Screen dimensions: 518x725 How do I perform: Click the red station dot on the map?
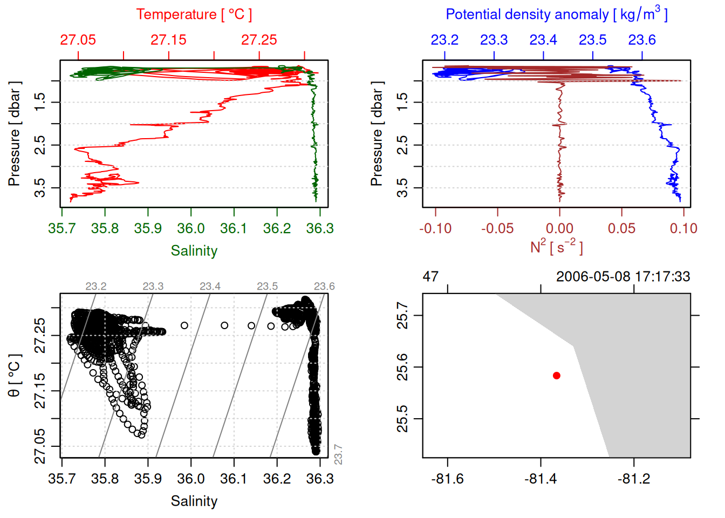click(557, 376)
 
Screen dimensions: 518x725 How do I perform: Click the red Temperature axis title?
click(194, 15)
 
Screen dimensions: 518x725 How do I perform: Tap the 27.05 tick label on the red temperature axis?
click(78, 40)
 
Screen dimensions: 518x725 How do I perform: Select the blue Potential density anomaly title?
click(556, 14)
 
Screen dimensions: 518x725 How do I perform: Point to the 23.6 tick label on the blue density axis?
click(642, 40)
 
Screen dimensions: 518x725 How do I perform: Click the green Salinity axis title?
click(194, 251)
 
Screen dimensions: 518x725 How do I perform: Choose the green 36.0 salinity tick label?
click(191, 229)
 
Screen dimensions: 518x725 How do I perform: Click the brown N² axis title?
click(556, 247)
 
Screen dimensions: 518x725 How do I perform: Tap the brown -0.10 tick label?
click(435, 229)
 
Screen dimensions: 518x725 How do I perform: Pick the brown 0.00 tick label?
click(559, 229)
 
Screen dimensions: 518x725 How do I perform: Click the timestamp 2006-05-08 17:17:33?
click(623, 277)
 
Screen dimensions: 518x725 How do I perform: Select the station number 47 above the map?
click(430, 277)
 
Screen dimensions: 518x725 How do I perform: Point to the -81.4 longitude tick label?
click(541, 479)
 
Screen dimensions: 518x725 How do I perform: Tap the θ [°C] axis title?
click(15, 375)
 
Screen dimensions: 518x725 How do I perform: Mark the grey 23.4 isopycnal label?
click(210, 287)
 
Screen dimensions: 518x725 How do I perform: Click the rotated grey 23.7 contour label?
click(338, 454)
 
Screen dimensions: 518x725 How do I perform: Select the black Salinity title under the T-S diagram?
click(194, 501)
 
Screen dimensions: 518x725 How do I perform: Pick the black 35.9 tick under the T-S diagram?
click(148, 479)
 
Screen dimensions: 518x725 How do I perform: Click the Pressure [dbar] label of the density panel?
click(377, 134)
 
